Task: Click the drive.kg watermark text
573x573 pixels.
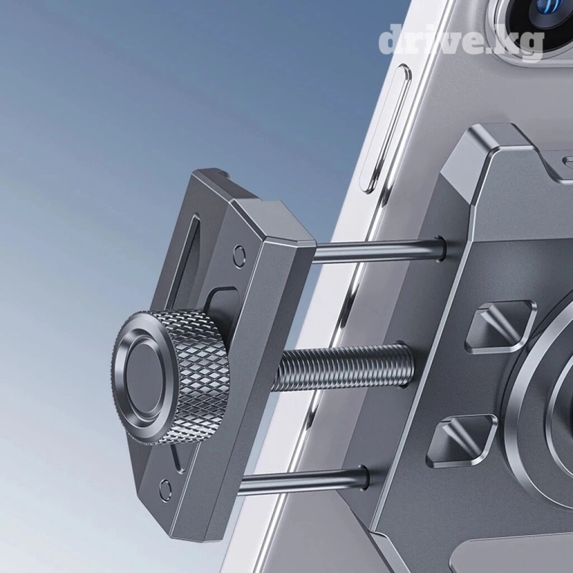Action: point(461,42)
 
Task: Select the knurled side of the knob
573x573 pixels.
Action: point(199,376)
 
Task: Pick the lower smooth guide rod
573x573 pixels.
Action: point(304,480)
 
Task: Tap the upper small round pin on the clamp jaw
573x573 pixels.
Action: point(239,252)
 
